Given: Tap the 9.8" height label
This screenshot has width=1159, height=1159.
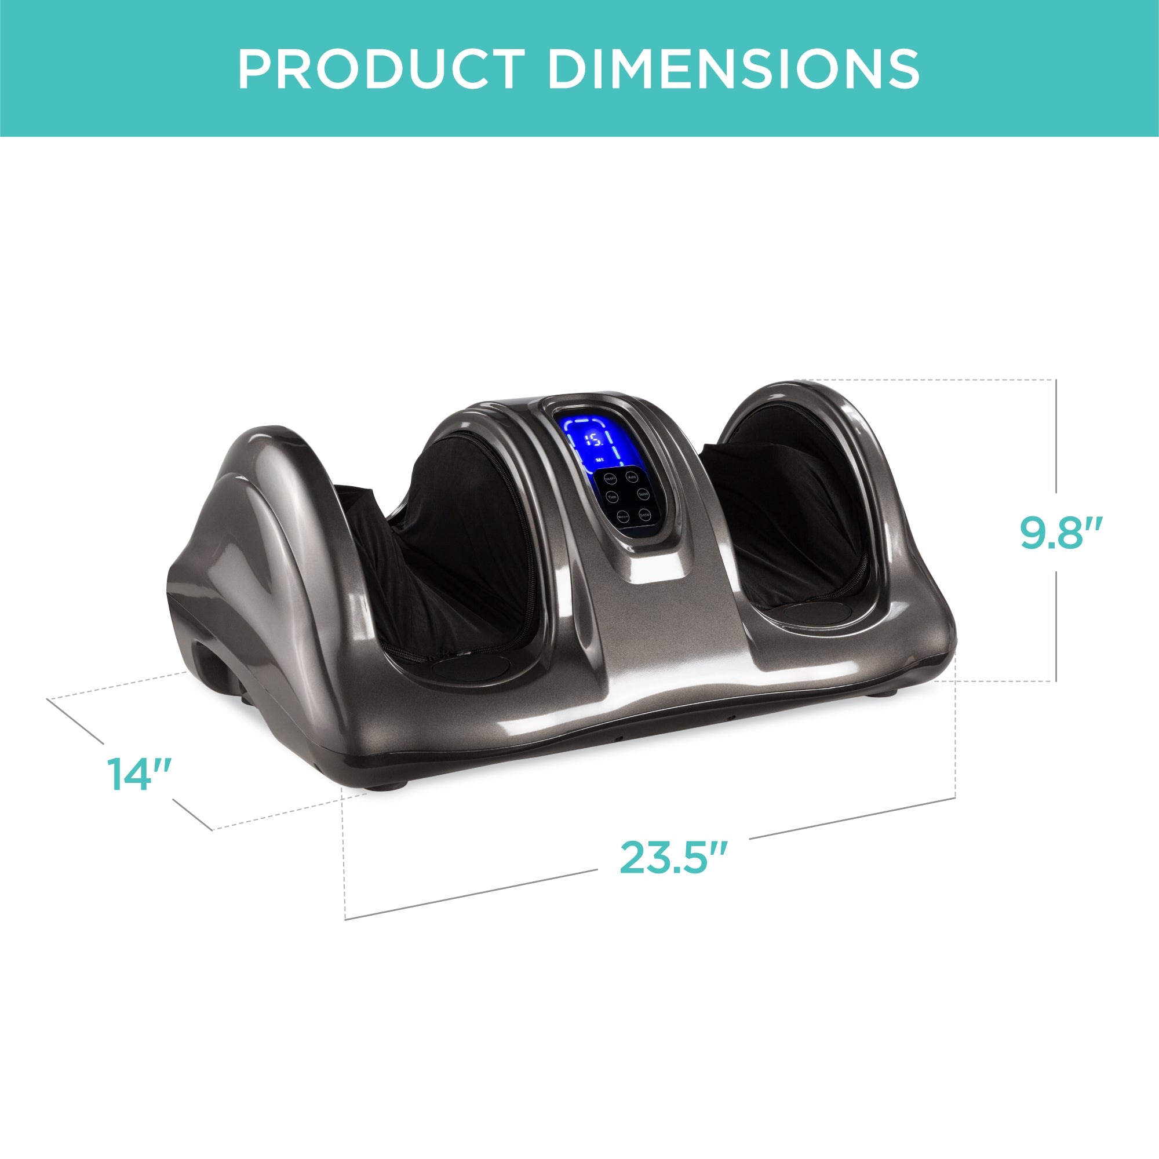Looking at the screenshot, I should coord(1060,532).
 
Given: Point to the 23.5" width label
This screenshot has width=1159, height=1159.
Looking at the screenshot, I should coord(673,857).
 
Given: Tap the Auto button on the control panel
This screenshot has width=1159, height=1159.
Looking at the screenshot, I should coord(631,478).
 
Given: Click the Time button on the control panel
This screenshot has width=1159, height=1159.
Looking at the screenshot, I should coord(612,497).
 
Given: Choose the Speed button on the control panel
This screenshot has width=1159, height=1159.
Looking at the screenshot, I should coord(643,495).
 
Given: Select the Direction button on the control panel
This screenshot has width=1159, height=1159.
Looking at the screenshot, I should coord(644,514).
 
